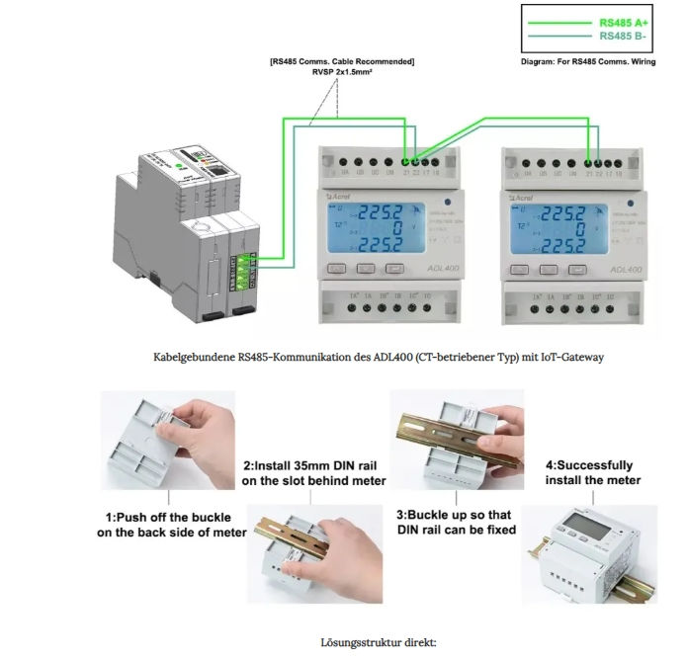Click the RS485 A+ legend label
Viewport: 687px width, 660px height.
tap(622, 21)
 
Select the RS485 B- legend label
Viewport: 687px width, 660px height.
tap(622, 36)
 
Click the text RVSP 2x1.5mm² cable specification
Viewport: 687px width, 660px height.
tap(341, 72)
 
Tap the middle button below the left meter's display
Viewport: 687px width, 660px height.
tap(367, 268)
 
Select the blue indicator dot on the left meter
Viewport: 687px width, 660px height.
tap(447, 204)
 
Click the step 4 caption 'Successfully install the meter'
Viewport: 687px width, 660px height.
tap(589, 472)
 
